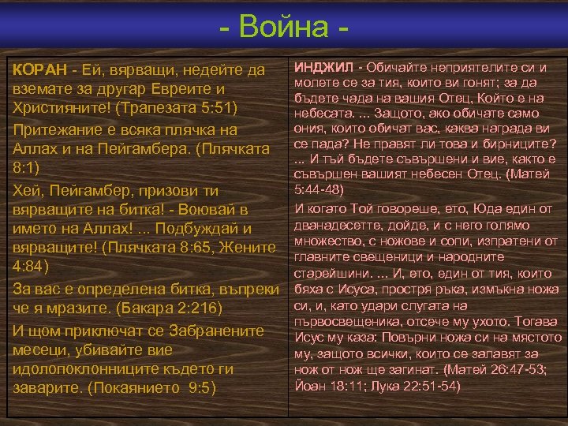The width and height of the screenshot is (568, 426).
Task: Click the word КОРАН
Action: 35,72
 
